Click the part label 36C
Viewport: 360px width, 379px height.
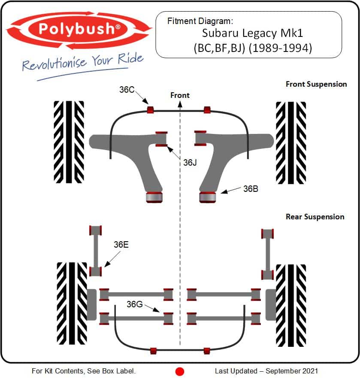click(x=127, y=90)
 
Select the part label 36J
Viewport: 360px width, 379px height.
click(x=190, y=163)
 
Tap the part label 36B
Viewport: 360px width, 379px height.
click(x=250, y=188)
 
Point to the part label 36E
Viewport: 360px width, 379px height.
click(x=121, y=245)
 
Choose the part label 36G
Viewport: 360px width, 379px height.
click(x=134, y=304)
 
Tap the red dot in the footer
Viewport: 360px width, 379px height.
click(x=180, y=371)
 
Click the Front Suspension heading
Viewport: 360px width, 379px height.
click(x=316, y=84)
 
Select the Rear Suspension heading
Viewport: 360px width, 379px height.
click(x=315, y=217)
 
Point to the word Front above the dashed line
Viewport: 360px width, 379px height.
click(x=180, y=95)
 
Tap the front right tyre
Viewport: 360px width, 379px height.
click(x=291, y=142)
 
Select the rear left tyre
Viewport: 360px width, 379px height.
click(x=72, y=303)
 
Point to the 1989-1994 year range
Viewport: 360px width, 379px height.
click(x=283, y=48)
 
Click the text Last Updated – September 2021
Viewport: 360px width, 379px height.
click(x=266, y=371)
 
